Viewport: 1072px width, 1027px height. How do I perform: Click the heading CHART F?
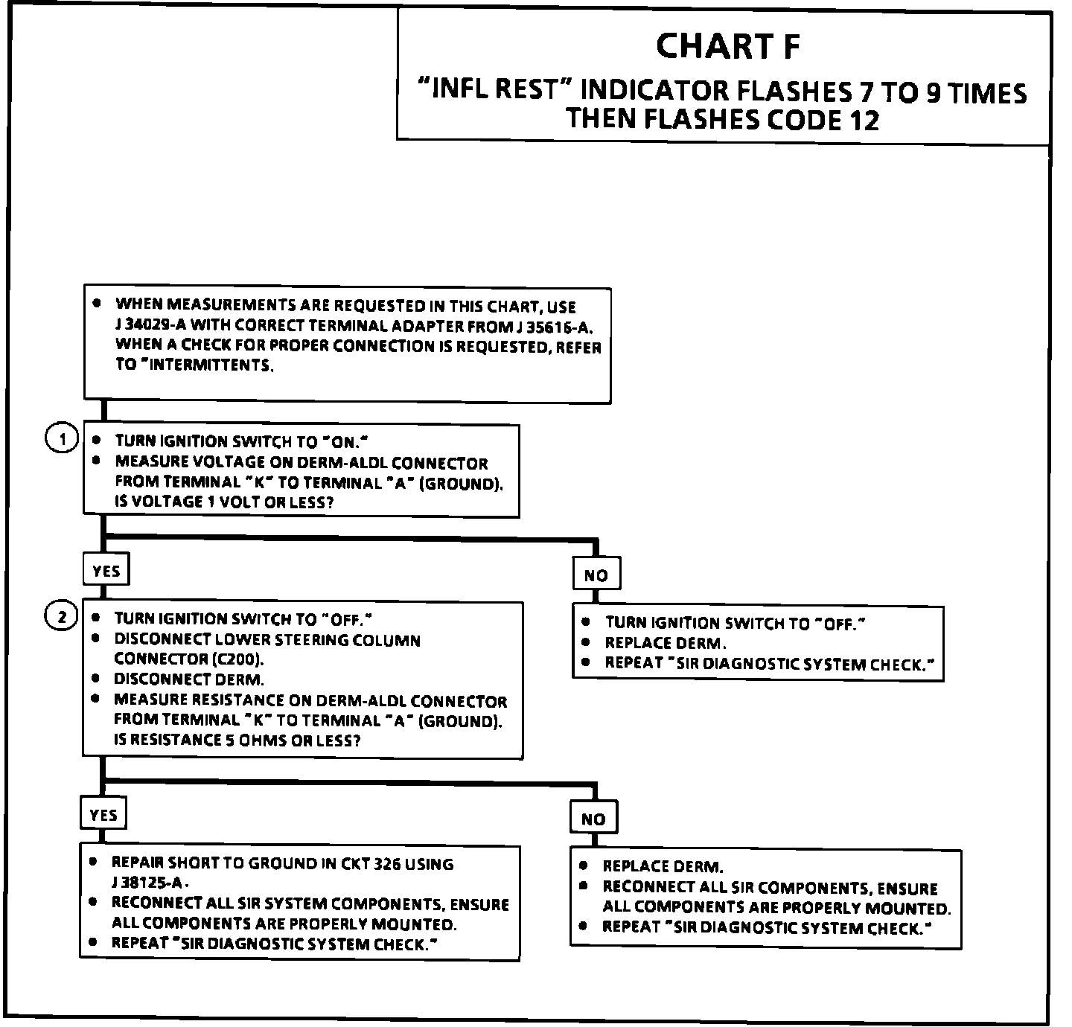tap(728, 46)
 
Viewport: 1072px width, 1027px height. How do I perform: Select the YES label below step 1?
tap(106, 571)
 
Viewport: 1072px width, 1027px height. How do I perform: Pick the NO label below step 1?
tap(596, 575)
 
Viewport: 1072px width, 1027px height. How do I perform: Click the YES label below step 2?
tap(103, 815)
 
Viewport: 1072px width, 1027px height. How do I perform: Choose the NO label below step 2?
tap(593, 819)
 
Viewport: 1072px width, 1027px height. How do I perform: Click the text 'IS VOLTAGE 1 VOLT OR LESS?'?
tap(224, 502)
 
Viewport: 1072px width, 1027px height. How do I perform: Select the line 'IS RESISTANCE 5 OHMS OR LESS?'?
tap(237, 740)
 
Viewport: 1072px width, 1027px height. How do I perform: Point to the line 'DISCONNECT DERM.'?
tap(188, 679)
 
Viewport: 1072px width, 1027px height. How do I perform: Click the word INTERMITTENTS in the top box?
tap(211, 365)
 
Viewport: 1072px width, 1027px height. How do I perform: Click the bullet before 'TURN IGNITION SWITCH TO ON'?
tap(97, 440)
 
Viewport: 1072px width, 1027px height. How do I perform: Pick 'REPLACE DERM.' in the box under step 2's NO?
tap(663, 866)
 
